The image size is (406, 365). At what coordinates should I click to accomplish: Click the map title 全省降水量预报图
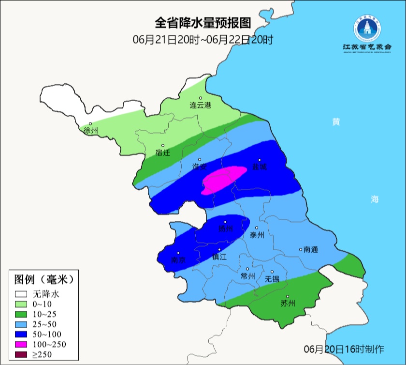pyautogui.click(x=203, y=23)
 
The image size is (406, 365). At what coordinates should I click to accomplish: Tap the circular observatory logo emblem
pyautogui.click(x=367, y=29)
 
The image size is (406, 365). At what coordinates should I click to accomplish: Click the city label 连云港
pyautogui.click(x=200, y=105)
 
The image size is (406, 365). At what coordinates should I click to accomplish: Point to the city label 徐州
pyautogui.click(x=90, y=130)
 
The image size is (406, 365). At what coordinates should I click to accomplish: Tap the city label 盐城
pyautogui.click(x=260, y=167)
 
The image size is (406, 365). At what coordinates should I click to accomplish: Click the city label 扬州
pyautogui.click(x=225, y=228)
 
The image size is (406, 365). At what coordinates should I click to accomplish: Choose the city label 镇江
pyautogui.click(x=219, y=258)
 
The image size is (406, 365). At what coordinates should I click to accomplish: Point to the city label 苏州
pyautogui.click(x=288, y=304)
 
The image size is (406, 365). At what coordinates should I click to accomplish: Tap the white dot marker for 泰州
pyautogui.click(x=257, y=228)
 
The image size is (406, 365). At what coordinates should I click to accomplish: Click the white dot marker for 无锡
pyautogui.click(x=272, y=272)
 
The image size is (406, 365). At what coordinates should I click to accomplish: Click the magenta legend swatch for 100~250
pyautogui.click(x=21, y=344)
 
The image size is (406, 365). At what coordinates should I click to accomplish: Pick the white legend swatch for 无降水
pyautogui.click(x=21, y=293)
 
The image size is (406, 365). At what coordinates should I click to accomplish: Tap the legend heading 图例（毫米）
pyautogui.click(x=43, y=279)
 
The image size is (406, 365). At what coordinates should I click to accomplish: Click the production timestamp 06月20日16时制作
pyautogui.click(x=344, y=349)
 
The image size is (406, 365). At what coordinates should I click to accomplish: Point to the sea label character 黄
pyautogui.click(x=335, y=122)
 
